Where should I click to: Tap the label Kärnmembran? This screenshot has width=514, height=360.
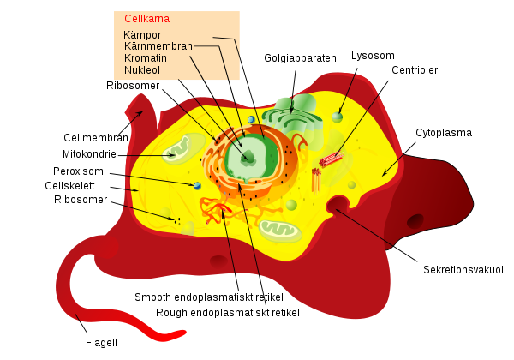(x=158, y=45)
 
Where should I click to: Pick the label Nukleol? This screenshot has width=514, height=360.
(x=141, y=69)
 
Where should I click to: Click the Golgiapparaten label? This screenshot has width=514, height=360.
(x=300, y=58)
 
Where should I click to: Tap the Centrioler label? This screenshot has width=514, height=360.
(x=415, y=69)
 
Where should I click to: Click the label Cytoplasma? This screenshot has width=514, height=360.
(x=444, y=133)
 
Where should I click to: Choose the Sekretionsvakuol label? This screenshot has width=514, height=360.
(x=463, y=269)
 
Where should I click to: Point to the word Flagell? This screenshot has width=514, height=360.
(x=101, y=342)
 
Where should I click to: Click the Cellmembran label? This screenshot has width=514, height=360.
(x=96, y=137)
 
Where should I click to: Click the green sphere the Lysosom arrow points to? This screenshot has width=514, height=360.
(x=338, y=117)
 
